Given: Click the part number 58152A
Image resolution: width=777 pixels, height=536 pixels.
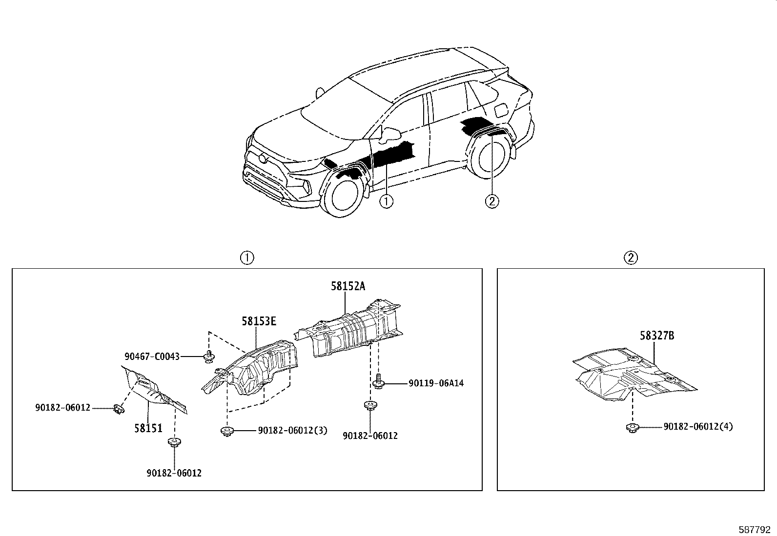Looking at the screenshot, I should tap(348, 286).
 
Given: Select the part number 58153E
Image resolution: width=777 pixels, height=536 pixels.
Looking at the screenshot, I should tap(259, 321).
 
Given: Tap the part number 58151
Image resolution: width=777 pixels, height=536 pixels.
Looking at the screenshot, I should tap(148, 428).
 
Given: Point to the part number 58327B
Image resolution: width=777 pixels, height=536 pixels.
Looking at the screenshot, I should tap(657, 336).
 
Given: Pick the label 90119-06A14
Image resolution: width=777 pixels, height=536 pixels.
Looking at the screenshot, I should tap(436, 383).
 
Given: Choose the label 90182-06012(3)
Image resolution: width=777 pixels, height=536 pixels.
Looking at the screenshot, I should tap(292, 430).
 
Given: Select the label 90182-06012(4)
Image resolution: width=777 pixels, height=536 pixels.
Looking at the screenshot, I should tap(698, 427).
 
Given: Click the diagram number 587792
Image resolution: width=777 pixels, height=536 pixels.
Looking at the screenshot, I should tap(754, 529).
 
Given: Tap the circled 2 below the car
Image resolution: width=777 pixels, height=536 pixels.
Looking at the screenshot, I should tap(492, 201).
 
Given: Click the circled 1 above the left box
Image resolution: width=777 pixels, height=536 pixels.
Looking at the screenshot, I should tap(247, 258).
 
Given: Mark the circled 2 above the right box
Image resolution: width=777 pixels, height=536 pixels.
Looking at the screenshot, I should tap(631, 258).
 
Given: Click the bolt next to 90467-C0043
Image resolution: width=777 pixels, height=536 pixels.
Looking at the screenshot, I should tap(209, 356).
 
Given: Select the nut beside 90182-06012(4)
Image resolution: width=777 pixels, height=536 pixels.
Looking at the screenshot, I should tap(633, 428).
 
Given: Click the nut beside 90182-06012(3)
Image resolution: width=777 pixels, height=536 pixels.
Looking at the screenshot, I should tap(227, 431).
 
